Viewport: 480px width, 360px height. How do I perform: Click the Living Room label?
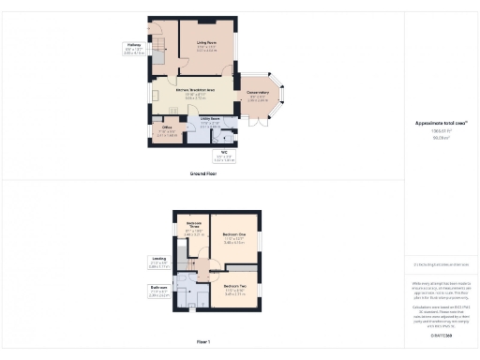coord(207,43)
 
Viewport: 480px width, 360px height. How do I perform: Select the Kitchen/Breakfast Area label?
coord(195,91)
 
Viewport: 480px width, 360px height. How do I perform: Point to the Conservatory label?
coord(258,93)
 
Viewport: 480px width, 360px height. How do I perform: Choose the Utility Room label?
coord(209,119)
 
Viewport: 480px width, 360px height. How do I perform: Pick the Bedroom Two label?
coord(234,285)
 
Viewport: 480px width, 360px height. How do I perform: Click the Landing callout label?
coord(158,260)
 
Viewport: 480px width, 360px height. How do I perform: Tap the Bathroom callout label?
coord(157,288)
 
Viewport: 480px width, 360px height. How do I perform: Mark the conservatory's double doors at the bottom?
coord(257,123)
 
